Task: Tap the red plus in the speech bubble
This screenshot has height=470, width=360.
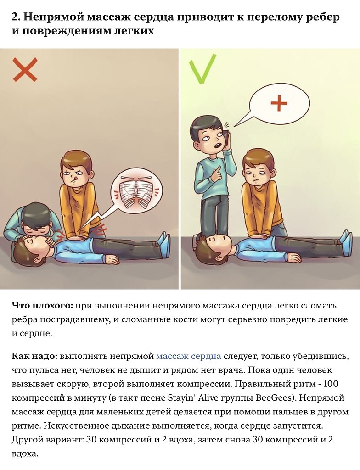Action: pyautogui.click(x=279, y=103)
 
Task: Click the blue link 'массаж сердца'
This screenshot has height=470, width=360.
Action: pyautogui.click(x=189, y=356)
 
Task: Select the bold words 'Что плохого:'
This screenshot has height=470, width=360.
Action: pyautogui.click(x=42, y=305)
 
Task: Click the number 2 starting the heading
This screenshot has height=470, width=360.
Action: pyautogui.click(x=15, y=17)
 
